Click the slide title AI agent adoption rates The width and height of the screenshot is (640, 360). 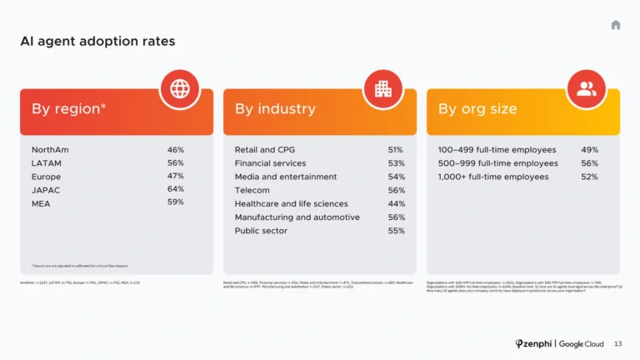(x=97, y=41)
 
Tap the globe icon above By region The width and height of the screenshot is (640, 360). (x=179, y=89)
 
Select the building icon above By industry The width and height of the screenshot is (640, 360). (x=382, y=89)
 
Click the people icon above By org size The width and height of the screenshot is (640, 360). (x=586, y=89)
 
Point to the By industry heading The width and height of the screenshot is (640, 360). (x=275, y=109)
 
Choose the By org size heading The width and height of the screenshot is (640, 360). (x=477, y=109)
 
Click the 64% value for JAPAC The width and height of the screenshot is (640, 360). (x=175, y=189)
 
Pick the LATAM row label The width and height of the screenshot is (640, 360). (x=46, y=163)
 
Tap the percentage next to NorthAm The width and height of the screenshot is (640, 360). (x=175, y=150)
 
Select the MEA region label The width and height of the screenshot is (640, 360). (x=41, y=203)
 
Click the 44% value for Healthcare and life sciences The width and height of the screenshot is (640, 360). (x=396, y=203)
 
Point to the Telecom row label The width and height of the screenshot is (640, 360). (x=252, y=190)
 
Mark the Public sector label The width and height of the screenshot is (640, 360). (x=261, y=231)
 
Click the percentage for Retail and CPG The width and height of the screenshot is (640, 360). (x=396, y=150)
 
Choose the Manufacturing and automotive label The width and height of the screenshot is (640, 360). (x=297, y=217)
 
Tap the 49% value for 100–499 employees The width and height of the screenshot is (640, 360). (x=589, y=150)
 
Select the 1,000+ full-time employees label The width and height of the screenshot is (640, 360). (x=493, y=177)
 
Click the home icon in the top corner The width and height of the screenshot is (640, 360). (x=615, y=25)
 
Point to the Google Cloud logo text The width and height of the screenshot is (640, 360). (x=582, y=343)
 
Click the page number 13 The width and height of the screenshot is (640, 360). (x=617, y=343)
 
